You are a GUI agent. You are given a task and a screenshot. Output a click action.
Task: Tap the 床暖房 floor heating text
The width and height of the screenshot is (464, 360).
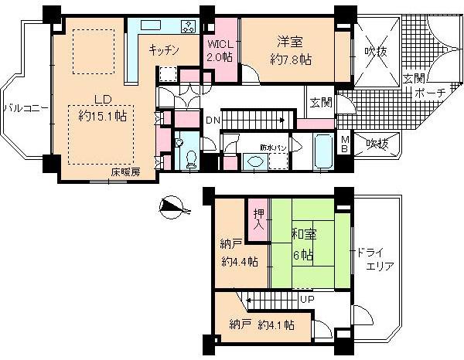coord(125,172)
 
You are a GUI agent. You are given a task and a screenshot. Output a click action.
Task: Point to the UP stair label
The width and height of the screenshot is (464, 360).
coord(307,298)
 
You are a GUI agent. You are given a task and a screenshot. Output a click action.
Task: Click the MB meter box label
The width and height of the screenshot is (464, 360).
coord(345,143)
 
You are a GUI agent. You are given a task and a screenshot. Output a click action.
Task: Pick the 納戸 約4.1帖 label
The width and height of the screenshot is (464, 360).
coord(261,325)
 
